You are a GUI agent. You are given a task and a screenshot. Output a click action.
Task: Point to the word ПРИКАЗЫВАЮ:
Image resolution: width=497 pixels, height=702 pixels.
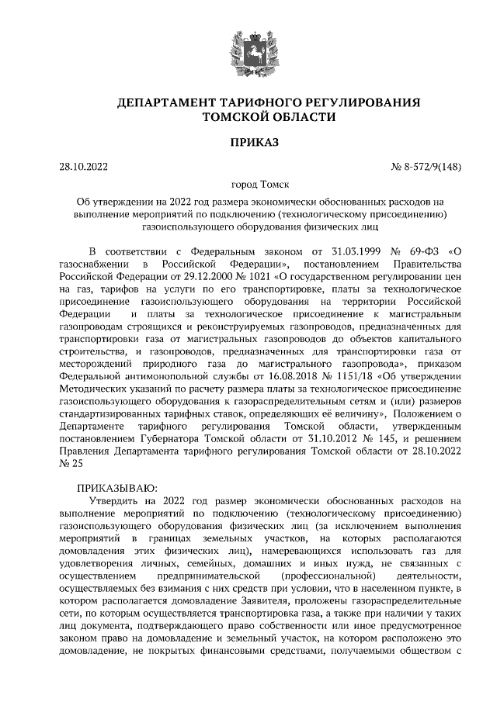(116, 488)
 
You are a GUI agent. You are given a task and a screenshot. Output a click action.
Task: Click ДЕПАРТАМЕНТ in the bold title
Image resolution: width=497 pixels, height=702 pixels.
(169, 103)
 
